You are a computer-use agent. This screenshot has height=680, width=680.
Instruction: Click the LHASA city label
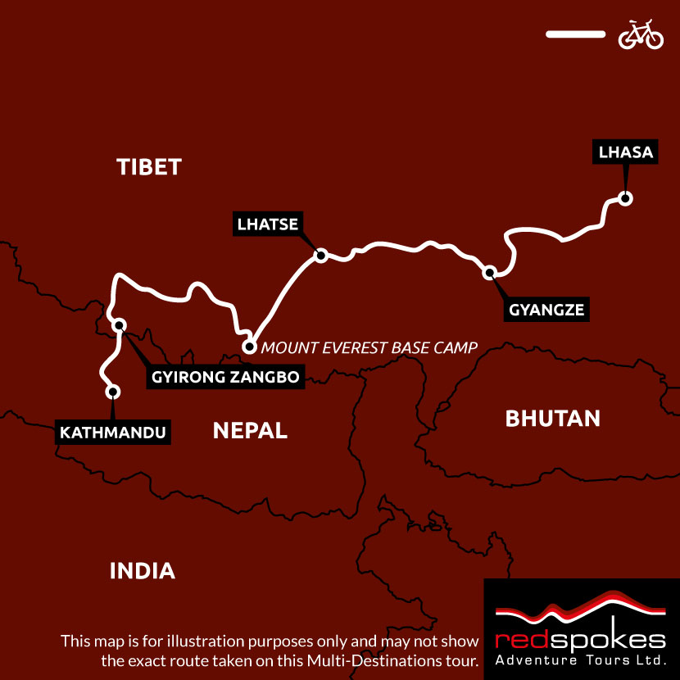pyautogui.click(x=625, y=152)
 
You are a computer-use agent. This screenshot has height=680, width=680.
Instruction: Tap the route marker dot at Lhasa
pyautogui.click(x=625, y=198)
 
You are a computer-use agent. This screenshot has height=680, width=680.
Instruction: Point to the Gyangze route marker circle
pyautogui.click(x=490, y=273)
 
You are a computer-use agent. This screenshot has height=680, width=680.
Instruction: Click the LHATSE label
pyautogui.click(x=267, y=224)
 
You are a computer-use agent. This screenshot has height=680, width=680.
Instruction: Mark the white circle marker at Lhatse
pyautogui.click(x=321, y=256)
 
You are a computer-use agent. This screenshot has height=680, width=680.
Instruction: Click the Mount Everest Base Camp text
pyautogui.click(x=369, y=347)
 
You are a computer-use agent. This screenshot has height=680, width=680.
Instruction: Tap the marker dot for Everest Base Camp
pyautogui.click(x=250, y=347)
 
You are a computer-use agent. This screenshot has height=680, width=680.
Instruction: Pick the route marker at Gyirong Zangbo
pyautogui.click(x=120, y=325)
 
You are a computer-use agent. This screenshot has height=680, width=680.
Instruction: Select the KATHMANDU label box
pyautogui.click(x=113, y=432)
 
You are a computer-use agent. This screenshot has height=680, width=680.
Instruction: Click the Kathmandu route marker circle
pyautogui.click(x=113, y=392)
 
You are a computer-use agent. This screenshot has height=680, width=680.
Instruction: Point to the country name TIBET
pyautogui.click(x=148, y=167)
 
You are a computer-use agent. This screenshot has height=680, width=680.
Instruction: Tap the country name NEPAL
pyautogui.click(x=250, y=430)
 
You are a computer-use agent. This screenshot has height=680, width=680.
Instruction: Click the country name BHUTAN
pyautogui.click(x=552, y=419)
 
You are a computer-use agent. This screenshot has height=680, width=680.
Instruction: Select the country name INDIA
pyautogui.click(x=143, y=571)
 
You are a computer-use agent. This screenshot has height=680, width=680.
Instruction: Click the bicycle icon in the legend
pyautogui.click(x=641, y=34)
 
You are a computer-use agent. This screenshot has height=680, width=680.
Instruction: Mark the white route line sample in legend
pyautogui.click(x=574, y=34)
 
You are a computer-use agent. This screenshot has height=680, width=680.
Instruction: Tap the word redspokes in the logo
pyautogui.click(x=581, y=640)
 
